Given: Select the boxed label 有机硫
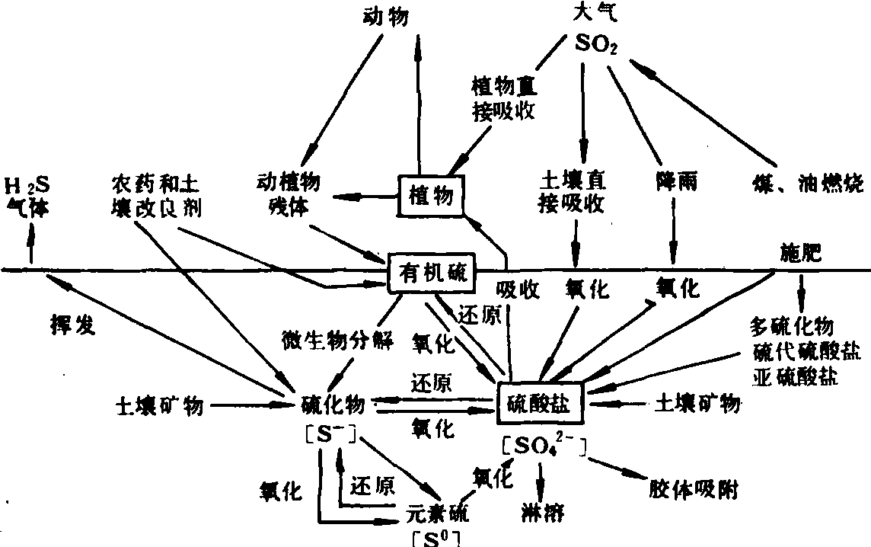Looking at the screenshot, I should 432,270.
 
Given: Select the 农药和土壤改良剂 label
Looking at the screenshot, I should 155,196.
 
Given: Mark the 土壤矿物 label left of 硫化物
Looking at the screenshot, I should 159,405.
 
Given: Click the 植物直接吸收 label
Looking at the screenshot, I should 503,100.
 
